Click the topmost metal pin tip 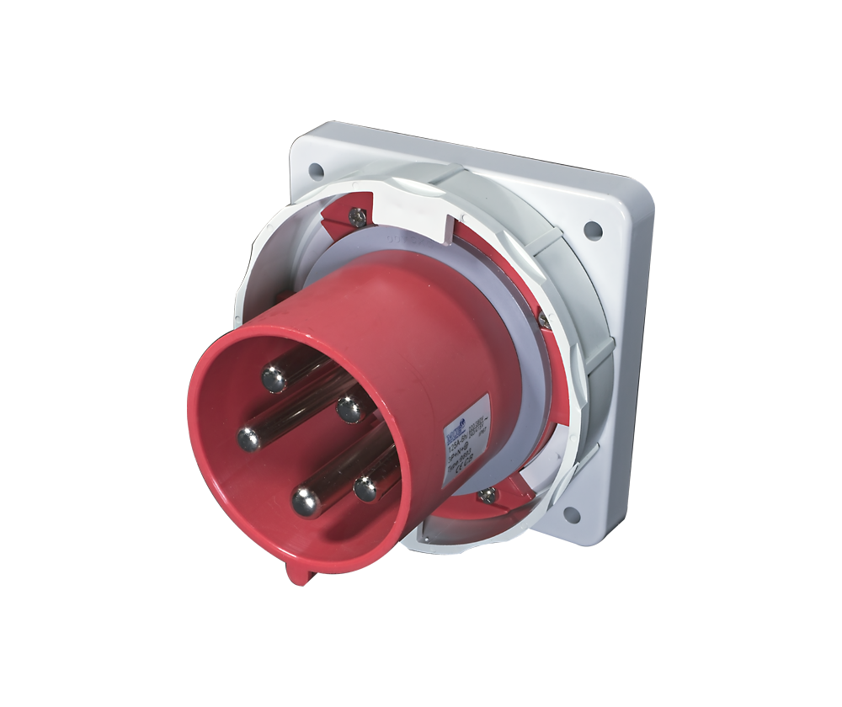(x=274, y=378)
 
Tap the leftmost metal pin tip (x=248, y=438)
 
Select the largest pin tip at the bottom (x=307, y=501)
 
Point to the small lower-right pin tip (x=366, y=487)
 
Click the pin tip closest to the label (x=349, y=409)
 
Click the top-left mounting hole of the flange (x=316, y=171)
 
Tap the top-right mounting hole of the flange (x=593, y=226)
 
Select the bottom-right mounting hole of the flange (x=570, y=513)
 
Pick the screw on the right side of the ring (x=544, y=321)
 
